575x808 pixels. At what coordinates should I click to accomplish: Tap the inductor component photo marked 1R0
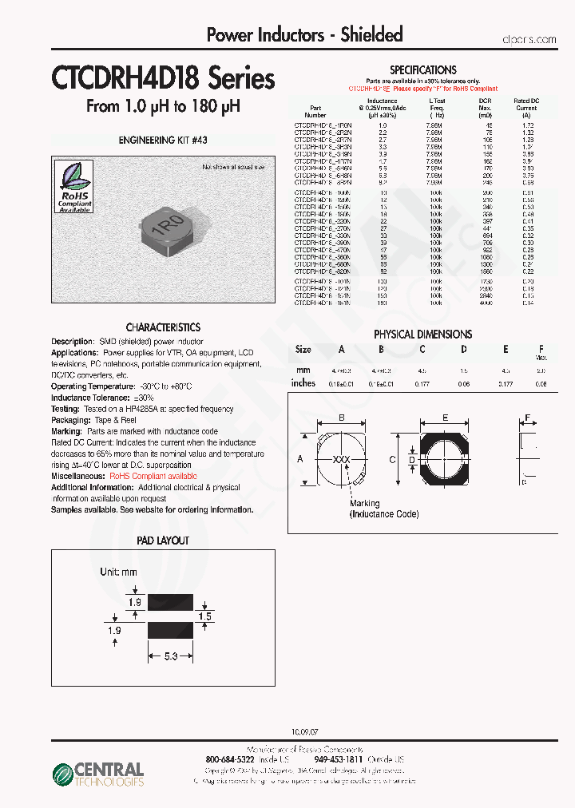pyautogui.click(x=168, y=225)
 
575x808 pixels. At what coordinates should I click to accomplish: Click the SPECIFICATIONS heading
pyautogui.click(x=423, y=70)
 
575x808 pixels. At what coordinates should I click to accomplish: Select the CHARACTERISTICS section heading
pyautogui.click(x=163, y=327)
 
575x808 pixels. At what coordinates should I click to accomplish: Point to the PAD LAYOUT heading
pyautogui.click(x=163, y=541)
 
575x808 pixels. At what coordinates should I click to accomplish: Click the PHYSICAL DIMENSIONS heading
pyautogui.click(x=423, y=335)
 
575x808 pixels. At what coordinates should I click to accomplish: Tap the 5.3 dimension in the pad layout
pyautogui.click(x=169, y=656)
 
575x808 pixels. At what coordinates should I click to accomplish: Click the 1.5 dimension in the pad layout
pyautogui.click(x=204, y=616)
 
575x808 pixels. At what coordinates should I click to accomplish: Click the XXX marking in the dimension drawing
pyautogui.click(x=341, y=461)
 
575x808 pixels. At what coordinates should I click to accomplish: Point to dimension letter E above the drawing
pyautogui.click(x=445, y=418)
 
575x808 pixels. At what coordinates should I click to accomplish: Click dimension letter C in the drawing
pyautogui.click(x=392, y=459)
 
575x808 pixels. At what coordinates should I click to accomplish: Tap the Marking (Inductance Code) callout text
pyautogui.click(x=383, y=509)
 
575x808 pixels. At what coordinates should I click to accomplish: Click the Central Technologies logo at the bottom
pyautogui.click(x=97, y=773)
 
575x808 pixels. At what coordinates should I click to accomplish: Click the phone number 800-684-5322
pyautogui.click(x=231, y=759)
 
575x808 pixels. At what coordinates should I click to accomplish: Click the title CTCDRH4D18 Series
pyautogui.click(x=163, y=79)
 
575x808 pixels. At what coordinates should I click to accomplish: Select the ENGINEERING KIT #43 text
pyautogui.click(x=163, y=140)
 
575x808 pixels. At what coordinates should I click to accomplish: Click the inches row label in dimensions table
pyautogui.click(x=303, y=383)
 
